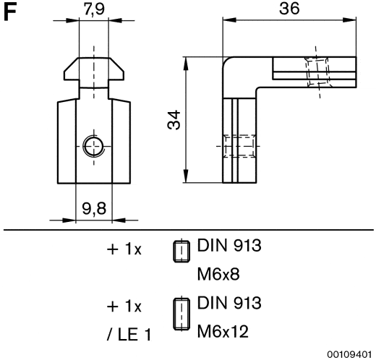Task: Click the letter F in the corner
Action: click(10, 12)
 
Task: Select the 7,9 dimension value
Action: click(92, 10)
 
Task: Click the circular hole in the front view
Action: click(93, 147)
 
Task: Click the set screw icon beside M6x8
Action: click(180, 249)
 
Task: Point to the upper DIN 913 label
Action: click(229, 246)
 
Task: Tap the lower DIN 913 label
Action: click(229, 302)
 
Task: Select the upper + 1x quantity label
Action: click(124, 249)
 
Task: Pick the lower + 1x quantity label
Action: click(124, 306)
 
